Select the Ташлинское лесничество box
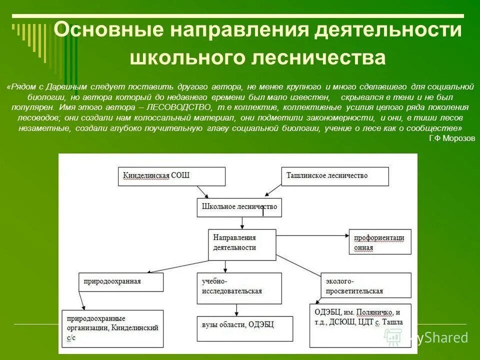335,176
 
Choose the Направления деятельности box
242,244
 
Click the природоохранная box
121,282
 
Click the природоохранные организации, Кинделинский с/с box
112,328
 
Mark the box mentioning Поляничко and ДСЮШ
360,325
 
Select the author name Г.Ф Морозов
451,138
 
